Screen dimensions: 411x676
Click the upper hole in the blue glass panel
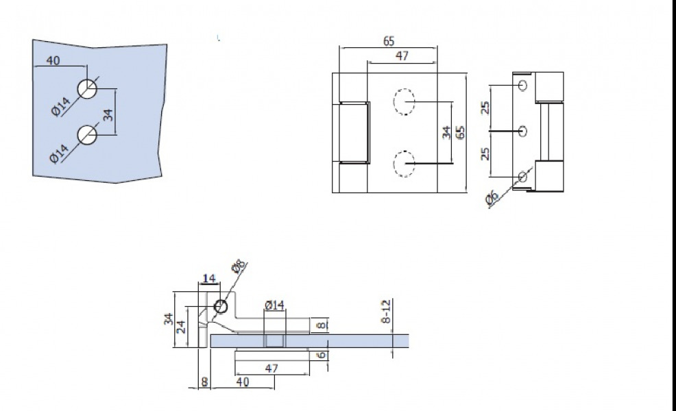point(88,89)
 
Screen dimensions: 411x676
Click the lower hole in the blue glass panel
point(88,135)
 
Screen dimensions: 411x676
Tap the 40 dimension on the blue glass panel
point(53,60)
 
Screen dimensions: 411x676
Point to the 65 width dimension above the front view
point(389,41)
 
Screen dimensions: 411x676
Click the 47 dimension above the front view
point(402,56)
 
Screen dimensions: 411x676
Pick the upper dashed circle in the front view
point(405,102)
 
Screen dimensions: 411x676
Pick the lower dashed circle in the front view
point(405,164)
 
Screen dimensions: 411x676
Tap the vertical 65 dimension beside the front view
point(461,132)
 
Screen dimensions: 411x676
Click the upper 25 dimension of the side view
point(485,108)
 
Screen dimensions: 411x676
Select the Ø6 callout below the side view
point(492,198)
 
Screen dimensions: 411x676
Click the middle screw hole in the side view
point(523,130)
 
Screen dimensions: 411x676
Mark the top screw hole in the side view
point(523,85)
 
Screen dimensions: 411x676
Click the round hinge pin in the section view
point(221,306)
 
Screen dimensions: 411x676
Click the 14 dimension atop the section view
point(208,278)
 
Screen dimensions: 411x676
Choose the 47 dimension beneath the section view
point(271,367)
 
